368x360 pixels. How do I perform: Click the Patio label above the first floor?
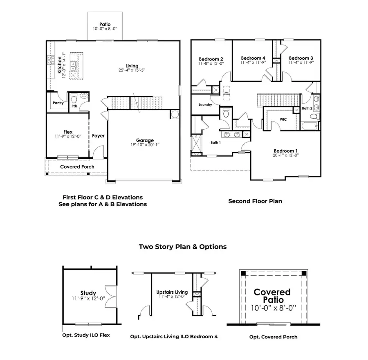[105, 24]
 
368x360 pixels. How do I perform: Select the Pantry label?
[58, 103]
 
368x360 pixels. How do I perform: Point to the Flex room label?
[67, 132]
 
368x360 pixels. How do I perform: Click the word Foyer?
[98, 136]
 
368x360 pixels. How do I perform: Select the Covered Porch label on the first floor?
[77, 167]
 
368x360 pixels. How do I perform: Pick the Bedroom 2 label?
[211, 58]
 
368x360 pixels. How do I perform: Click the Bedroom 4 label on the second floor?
[253, 58]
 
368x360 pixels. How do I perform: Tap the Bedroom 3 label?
[301, 58]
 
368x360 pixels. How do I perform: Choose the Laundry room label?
[205, 105]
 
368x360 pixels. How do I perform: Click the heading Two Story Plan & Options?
[182, 247]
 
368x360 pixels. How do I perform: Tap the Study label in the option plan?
[88, 293]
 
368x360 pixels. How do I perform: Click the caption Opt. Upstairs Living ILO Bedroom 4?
[174, 337]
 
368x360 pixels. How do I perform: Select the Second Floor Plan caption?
[255, 201]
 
